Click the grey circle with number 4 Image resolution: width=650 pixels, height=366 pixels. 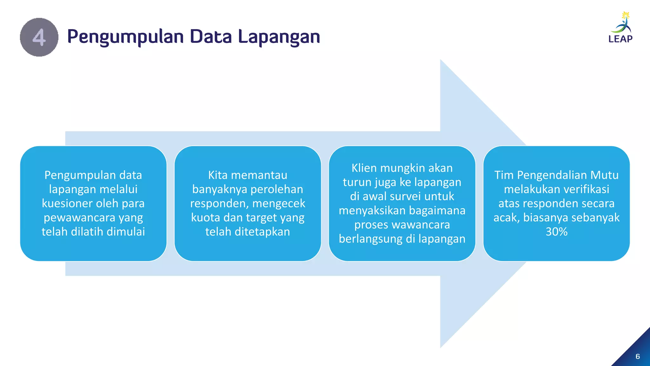click(39, 37)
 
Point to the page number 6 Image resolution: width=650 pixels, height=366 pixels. click(638, 356)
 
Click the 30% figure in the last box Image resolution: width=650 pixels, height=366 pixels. click(556, 232)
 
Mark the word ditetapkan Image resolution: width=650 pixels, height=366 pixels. click(262, 232)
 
